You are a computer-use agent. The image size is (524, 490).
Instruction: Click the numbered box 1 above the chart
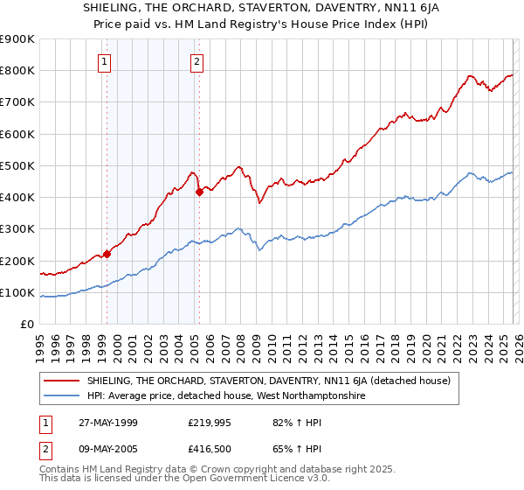(x=104, y=61)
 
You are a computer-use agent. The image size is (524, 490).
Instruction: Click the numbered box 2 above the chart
(x=197, y=61)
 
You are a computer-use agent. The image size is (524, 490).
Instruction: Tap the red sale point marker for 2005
(x=199, y=192)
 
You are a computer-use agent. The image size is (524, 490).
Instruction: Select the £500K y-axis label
(x=18, y=166)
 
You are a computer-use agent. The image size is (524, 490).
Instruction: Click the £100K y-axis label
(x=18, y=293)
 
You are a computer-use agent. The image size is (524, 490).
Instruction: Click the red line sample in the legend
(x=64, y=381)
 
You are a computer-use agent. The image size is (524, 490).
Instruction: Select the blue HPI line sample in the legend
(x=64, y=396)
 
